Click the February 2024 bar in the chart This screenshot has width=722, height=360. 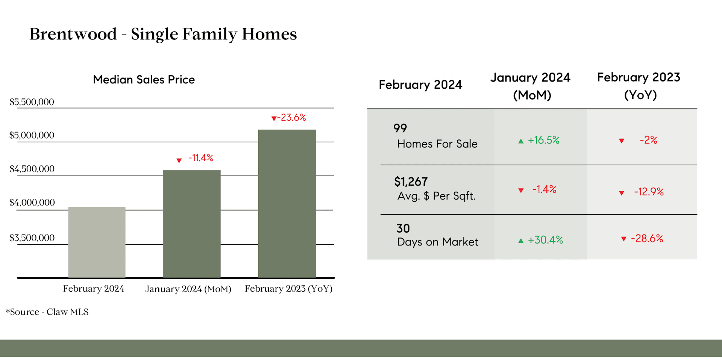click(x=97, y=242)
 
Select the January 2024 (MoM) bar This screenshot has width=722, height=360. click(x=192, y=224)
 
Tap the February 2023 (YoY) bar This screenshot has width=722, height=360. click(x=287, y=204)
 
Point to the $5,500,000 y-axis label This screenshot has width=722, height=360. click(x=32, y=102)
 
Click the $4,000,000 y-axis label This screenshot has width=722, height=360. click(x=32, y=203)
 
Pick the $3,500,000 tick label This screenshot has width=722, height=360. click(x=32, y=238)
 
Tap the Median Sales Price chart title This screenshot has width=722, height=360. click(x=144, y=80)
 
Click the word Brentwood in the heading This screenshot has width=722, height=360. click(x=73, y=34)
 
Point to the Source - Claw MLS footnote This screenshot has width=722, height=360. click(x=47, y=312)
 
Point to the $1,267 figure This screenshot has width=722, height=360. click(x=411, y=182)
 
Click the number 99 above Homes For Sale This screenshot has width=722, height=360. click(x=400, y=128)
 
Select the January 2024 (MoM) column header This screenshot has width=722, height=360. click(x=531, y=86)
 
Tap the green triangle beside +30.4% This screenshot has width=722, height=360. click(x=521, y=241)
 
